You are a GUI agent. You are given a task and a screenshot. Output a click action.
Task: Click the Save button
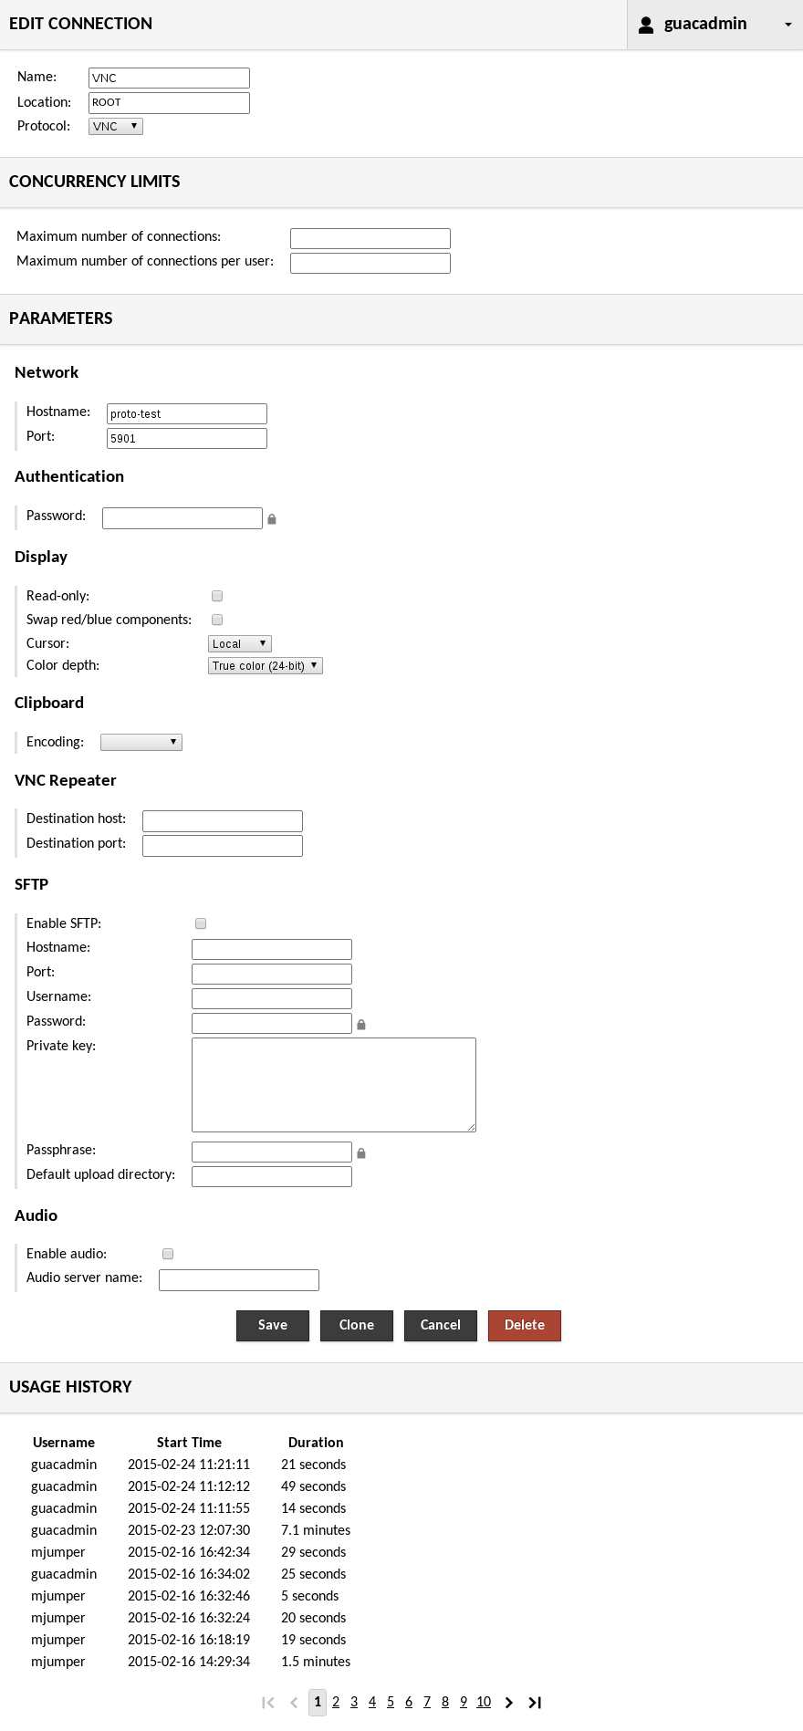[272, 1325]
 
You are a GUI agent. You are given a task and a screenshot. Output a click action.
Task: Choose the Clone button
[356, 1325]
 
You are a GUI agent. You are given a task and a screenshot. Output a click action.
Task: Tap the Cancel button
[440, 1325]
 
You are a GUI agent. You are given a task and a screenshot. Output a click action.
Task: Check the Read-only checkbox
[217, 596]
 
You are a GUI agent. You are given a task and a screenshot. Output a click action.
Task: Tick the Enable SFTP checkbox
[201, 923]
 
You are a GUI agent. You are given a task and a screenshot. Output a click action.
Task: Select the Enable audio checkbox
[168, 1254]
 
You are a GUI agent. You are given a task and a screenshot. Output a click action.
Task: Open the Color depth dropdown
[265, 666]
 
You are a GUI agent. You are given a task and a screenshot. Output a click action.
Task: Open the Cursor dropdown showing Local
[239, 644]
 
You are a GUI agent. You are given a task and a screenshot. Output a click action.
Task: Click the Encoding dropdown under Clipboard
[141, 743]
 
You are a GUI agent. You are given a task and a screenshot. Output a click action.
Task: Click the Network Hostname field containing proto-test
[186, 414]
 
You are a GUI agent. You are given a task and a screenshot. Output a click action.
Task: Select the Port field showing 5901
[186, 439]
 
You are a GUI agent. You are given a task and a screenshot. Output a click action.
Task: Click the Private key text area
[333, 1085]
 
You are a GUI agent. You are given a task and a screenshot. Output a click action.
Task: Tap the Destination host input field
[222, 821]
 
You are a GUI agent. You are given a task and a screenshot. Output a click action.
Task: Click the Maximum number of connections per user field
[370, 264]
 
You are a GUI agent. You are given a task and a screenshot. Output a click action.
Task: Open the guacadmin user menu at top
[714, 25]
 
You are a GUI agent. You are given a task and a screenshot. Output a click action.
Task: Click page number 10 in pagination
[484, 1702]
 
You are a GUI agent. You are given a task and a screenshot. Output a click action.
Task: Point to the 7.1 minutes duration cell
[316, 1530]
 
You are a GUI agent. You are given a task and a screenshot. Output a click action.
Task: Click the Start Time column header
[189, 1443]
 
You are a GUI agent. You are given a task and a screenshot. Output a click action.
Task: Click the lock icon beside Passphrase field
[361, 1154]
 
